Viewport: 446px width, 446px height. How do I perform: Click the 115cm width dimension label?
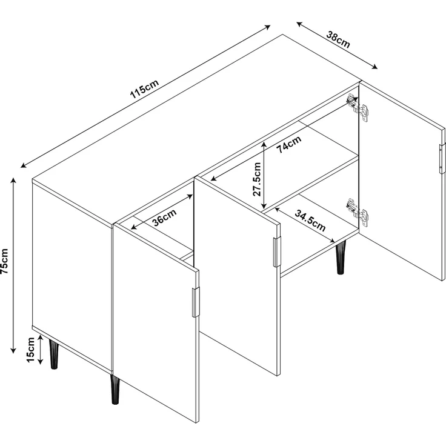[144, 88]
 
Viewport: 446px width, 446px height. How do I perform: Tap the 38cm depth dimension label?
[338, 39]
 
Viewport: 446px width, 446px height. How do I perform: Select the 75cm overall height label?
[5, 261]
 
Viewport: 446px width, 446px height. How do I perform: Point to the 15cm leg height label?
[30, 350]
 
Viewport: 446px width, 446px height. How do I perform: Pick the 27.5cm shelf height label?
[257, 179]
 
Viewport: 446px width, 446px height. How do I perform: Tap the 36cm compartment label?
[165, 218]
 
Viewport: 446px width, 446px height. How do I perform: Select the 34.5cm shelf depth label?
[310, 221]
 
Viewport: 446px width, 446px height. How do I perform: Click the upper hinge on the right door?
[358, 107]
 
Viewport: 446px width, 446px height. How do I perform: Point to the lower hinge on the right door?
[358, 212]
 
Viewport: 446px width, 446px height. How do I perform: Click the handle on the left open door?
[196, 302]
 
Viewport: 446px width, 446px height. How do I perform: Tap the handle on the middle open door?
[277, 252]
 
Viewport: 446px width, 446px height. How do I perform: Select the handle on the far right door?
[442, 158]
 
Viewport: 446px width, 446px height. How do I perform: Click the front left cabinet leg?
[115, 389]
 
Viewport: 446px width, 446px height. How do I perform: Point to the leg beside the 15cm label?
[53, 354]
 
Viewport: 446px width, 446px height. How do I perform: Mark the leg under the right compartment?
[340, 258]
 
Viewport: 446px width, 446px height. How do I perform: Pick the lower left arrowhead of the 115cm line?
[24, 165]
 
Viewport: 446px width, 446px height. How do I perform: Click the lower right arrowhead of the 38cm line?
[374, 67]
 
